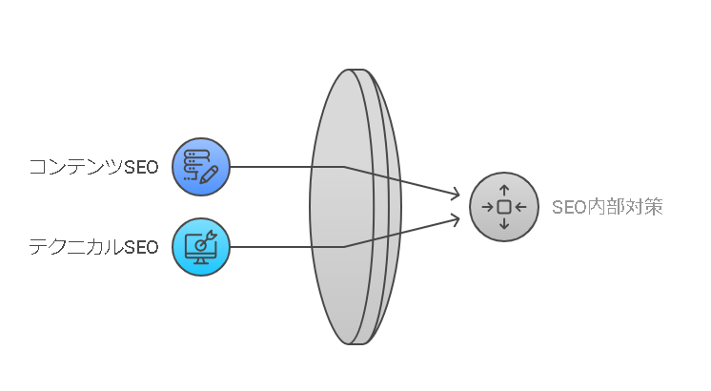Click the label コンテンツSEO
[93, 167]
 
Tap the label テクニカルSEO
[93, 247]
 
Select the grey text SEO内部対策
[607, 207]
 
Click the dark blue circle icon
[201, 167]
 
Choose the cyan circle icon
[201, 247]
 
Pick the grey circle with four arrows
[504, 207]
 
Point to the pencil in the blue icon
[209, 175]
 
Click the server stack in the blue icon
[196, 164]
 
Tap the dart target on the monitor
[205, 242]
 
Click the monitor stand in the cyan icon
[201, 260]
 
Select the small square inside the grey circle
[504, 207]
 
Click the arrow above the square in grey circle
[504, 191]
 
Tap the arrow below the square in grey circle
[504, 223]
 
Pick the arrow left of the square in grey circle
[487, 207]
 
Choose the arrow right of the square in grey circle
[520, 207]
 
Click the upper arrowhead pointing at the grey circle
[455, 195]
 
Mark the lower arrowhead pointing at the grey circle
[455, 219]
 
